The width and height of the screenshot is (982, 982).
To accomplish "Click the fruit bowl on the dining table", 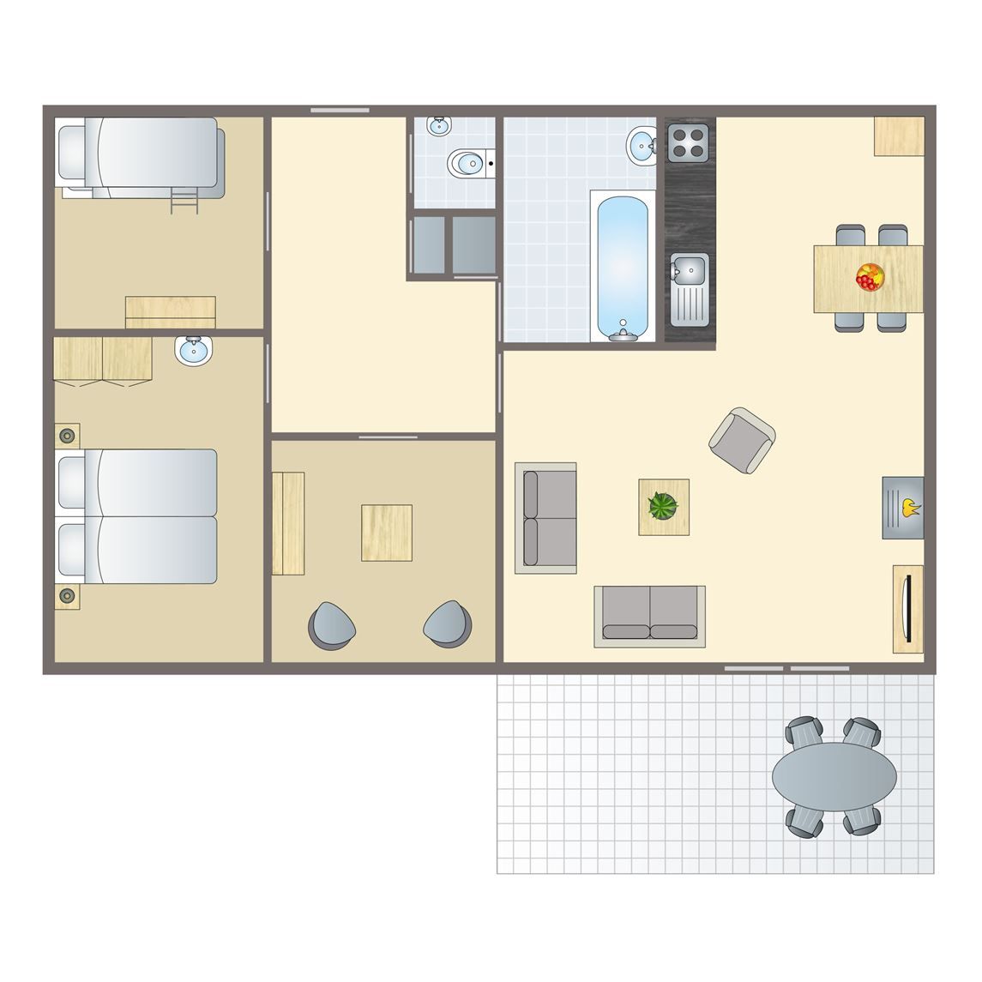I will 868,277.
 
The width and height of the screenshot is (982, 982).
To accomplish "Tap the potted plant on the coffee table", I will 663,506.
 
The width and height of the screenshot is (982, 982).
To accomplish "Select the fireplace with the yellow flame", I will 903,508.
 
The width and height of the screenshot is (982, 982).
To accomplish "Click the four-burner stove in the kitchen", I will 689,142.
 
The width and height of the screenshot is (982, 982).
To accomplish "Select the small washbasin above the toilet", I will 439,126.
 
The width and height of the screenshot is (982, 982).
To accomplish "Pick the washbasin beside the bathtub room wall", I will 641,145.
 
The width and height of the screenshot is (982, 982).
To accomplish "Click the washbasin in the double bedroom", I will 194,351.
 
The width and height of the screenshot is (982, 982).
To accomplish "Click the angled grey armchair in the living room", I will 742,440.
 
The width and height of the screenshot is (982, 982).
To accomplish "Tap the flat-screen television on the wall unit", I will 907,608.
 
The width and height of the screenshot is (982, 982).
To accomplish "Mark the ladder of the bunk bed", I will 184,202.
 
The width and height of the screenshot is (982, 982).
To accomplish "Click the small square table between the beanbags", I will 386,533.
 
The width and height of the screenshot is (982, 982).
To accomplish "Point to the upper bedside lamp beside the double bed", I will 67,436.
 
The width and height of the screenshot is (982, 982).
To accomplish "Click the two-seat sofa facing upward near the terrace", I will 649,616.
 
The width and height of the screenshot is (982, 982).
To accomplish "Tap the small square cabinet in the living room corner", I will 899,136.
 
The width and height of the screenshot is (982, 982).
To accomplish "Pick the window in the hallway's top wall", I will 340,110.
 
